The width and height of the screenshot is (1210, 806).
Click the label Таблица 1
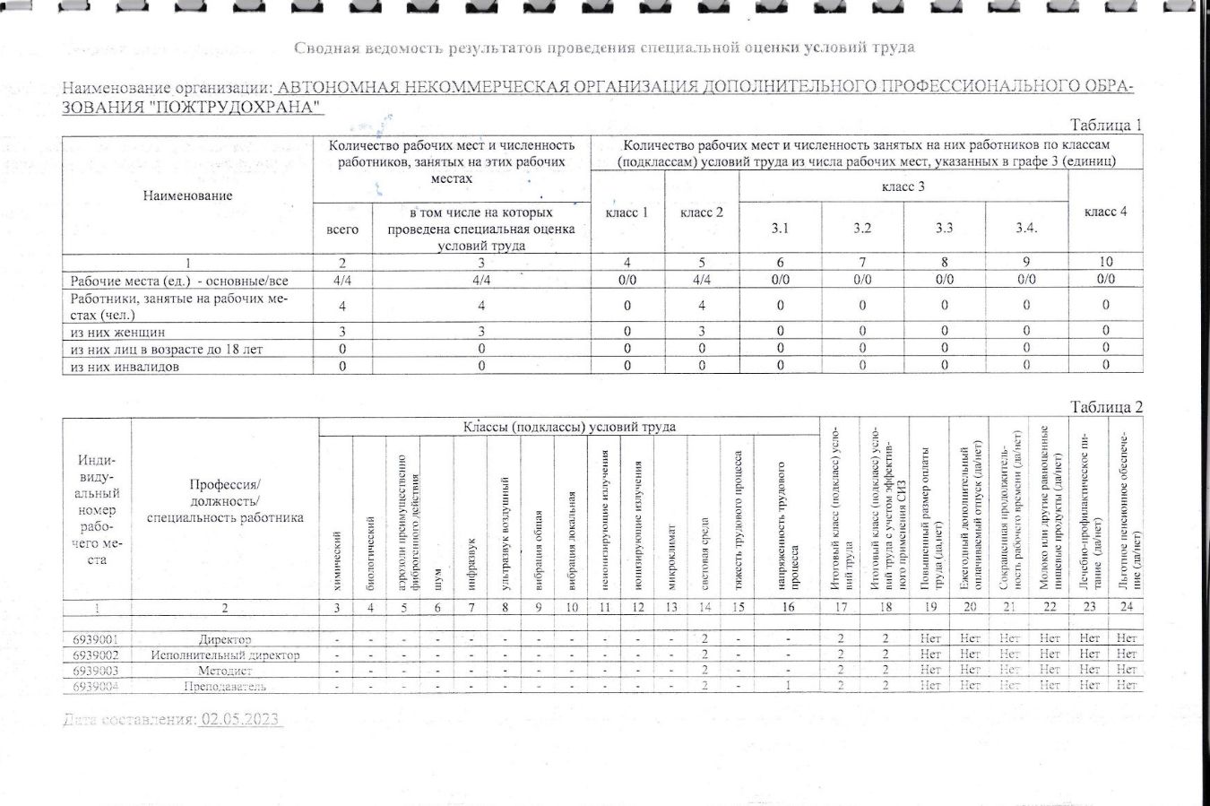1106,126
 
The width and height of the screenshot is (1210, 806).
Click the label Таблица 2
1106,407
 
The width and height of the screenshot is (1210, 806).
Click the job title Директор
225,639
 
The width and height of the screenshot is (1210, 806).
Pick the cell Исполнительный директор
225,654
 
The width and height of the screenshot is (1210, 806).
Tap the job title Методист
225,670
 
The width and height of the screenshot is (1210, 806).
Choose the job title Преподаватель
225,686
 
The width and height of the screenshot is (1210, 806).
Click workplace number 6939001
96,639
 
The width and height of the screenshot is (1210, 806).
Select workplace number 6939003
96,670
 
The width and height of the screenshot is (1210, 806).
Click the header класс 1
627,212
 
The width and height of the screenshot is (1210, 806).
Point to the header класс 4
1105,212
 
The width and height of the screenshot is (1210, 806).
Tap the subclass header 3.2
861,228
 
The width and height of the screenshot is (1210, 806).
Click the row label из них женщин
117,332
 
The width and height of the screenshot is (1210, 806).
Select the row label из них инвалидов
125,366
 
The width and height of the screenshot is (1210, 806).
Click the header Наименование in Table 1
187,195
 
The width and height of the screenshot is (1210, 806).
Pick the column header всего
342,230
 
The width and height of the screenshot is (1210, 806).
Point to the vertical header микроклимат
671,557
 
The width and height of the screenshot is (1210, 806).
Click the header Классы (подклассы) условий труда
569,427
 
